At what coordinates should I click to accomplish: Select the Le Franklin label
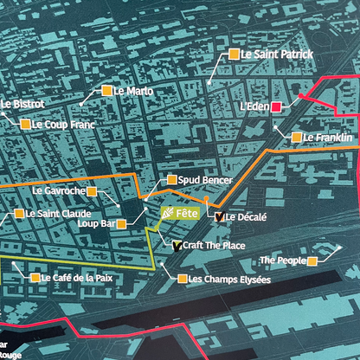328,138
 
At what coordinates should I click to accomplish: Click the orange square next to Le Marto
106,90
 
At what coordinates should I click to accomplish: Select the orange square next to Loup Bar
122,223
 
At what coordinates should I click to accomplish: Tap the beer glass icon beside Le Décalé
218,217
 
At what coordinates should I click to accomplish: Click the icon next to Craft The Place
177,246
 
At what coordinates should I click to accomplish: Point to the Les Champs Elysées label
229,279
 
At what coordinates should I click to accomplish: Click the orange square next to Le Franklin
296,138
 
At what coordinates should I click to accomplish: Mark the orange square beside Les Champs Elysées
181,279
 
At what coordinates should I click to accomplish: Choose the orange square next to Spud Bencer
171,179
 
